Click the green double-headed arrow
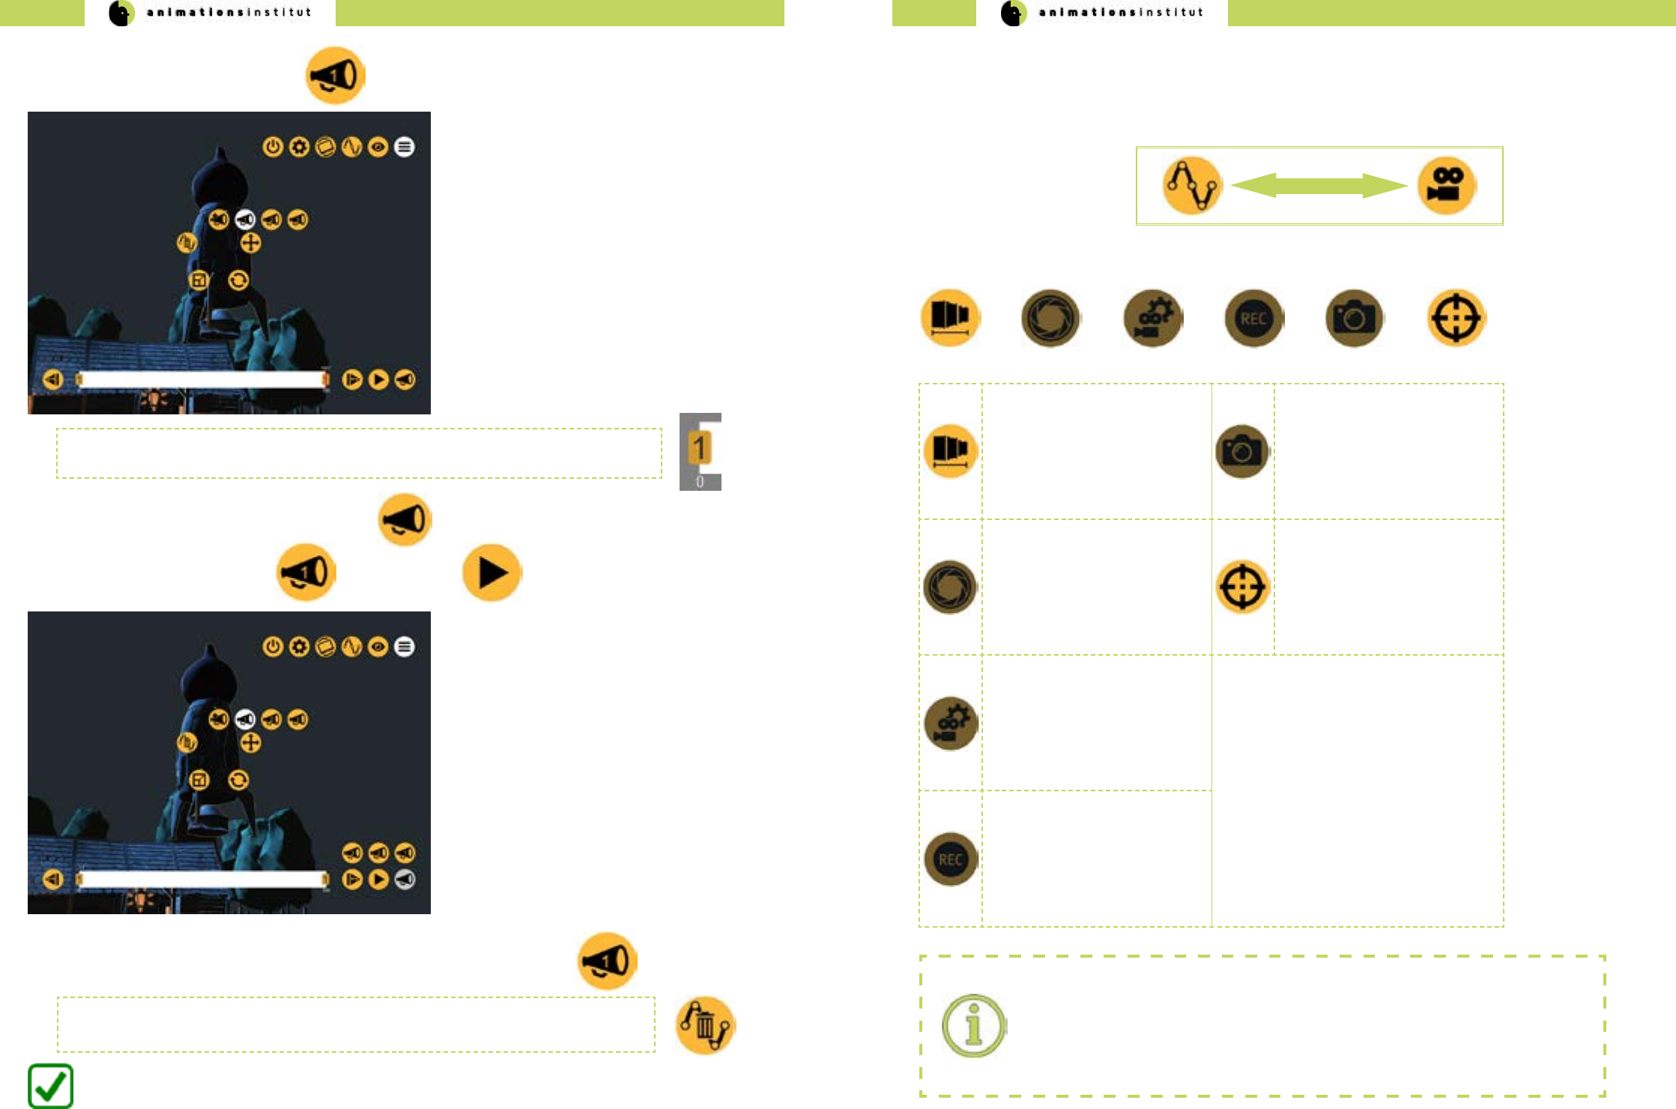[1319, 186]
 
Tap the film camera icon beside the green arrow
[1446, 186]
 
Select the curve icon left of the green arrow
[1192, 186]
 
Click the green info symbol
[973, 1026]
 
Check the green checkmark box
[50, 1086]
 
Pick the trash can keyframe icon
[705, 1026]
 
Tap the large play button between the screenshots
[491, 573]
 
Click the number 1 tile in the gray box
[700, 448]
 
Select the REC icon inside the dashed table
[951, 859]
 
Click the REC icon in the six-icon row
[1253, 318]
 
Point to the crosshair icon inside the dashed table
[1242, 587]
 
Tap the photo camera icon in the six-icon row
[1354, 318]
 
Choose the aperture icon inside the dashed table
[951, 587]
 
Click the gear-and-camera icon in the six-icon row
[1152, 318]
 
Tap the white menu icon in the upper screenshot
[405, 147]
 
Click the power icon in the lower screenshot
[273, 647]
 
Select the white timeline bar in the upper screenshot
[202, 380]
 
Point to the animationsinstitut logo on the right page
[1101, 13]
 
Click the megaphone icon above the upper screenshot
[335, 76]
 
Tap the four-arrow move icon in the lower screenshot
[250, 743]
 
